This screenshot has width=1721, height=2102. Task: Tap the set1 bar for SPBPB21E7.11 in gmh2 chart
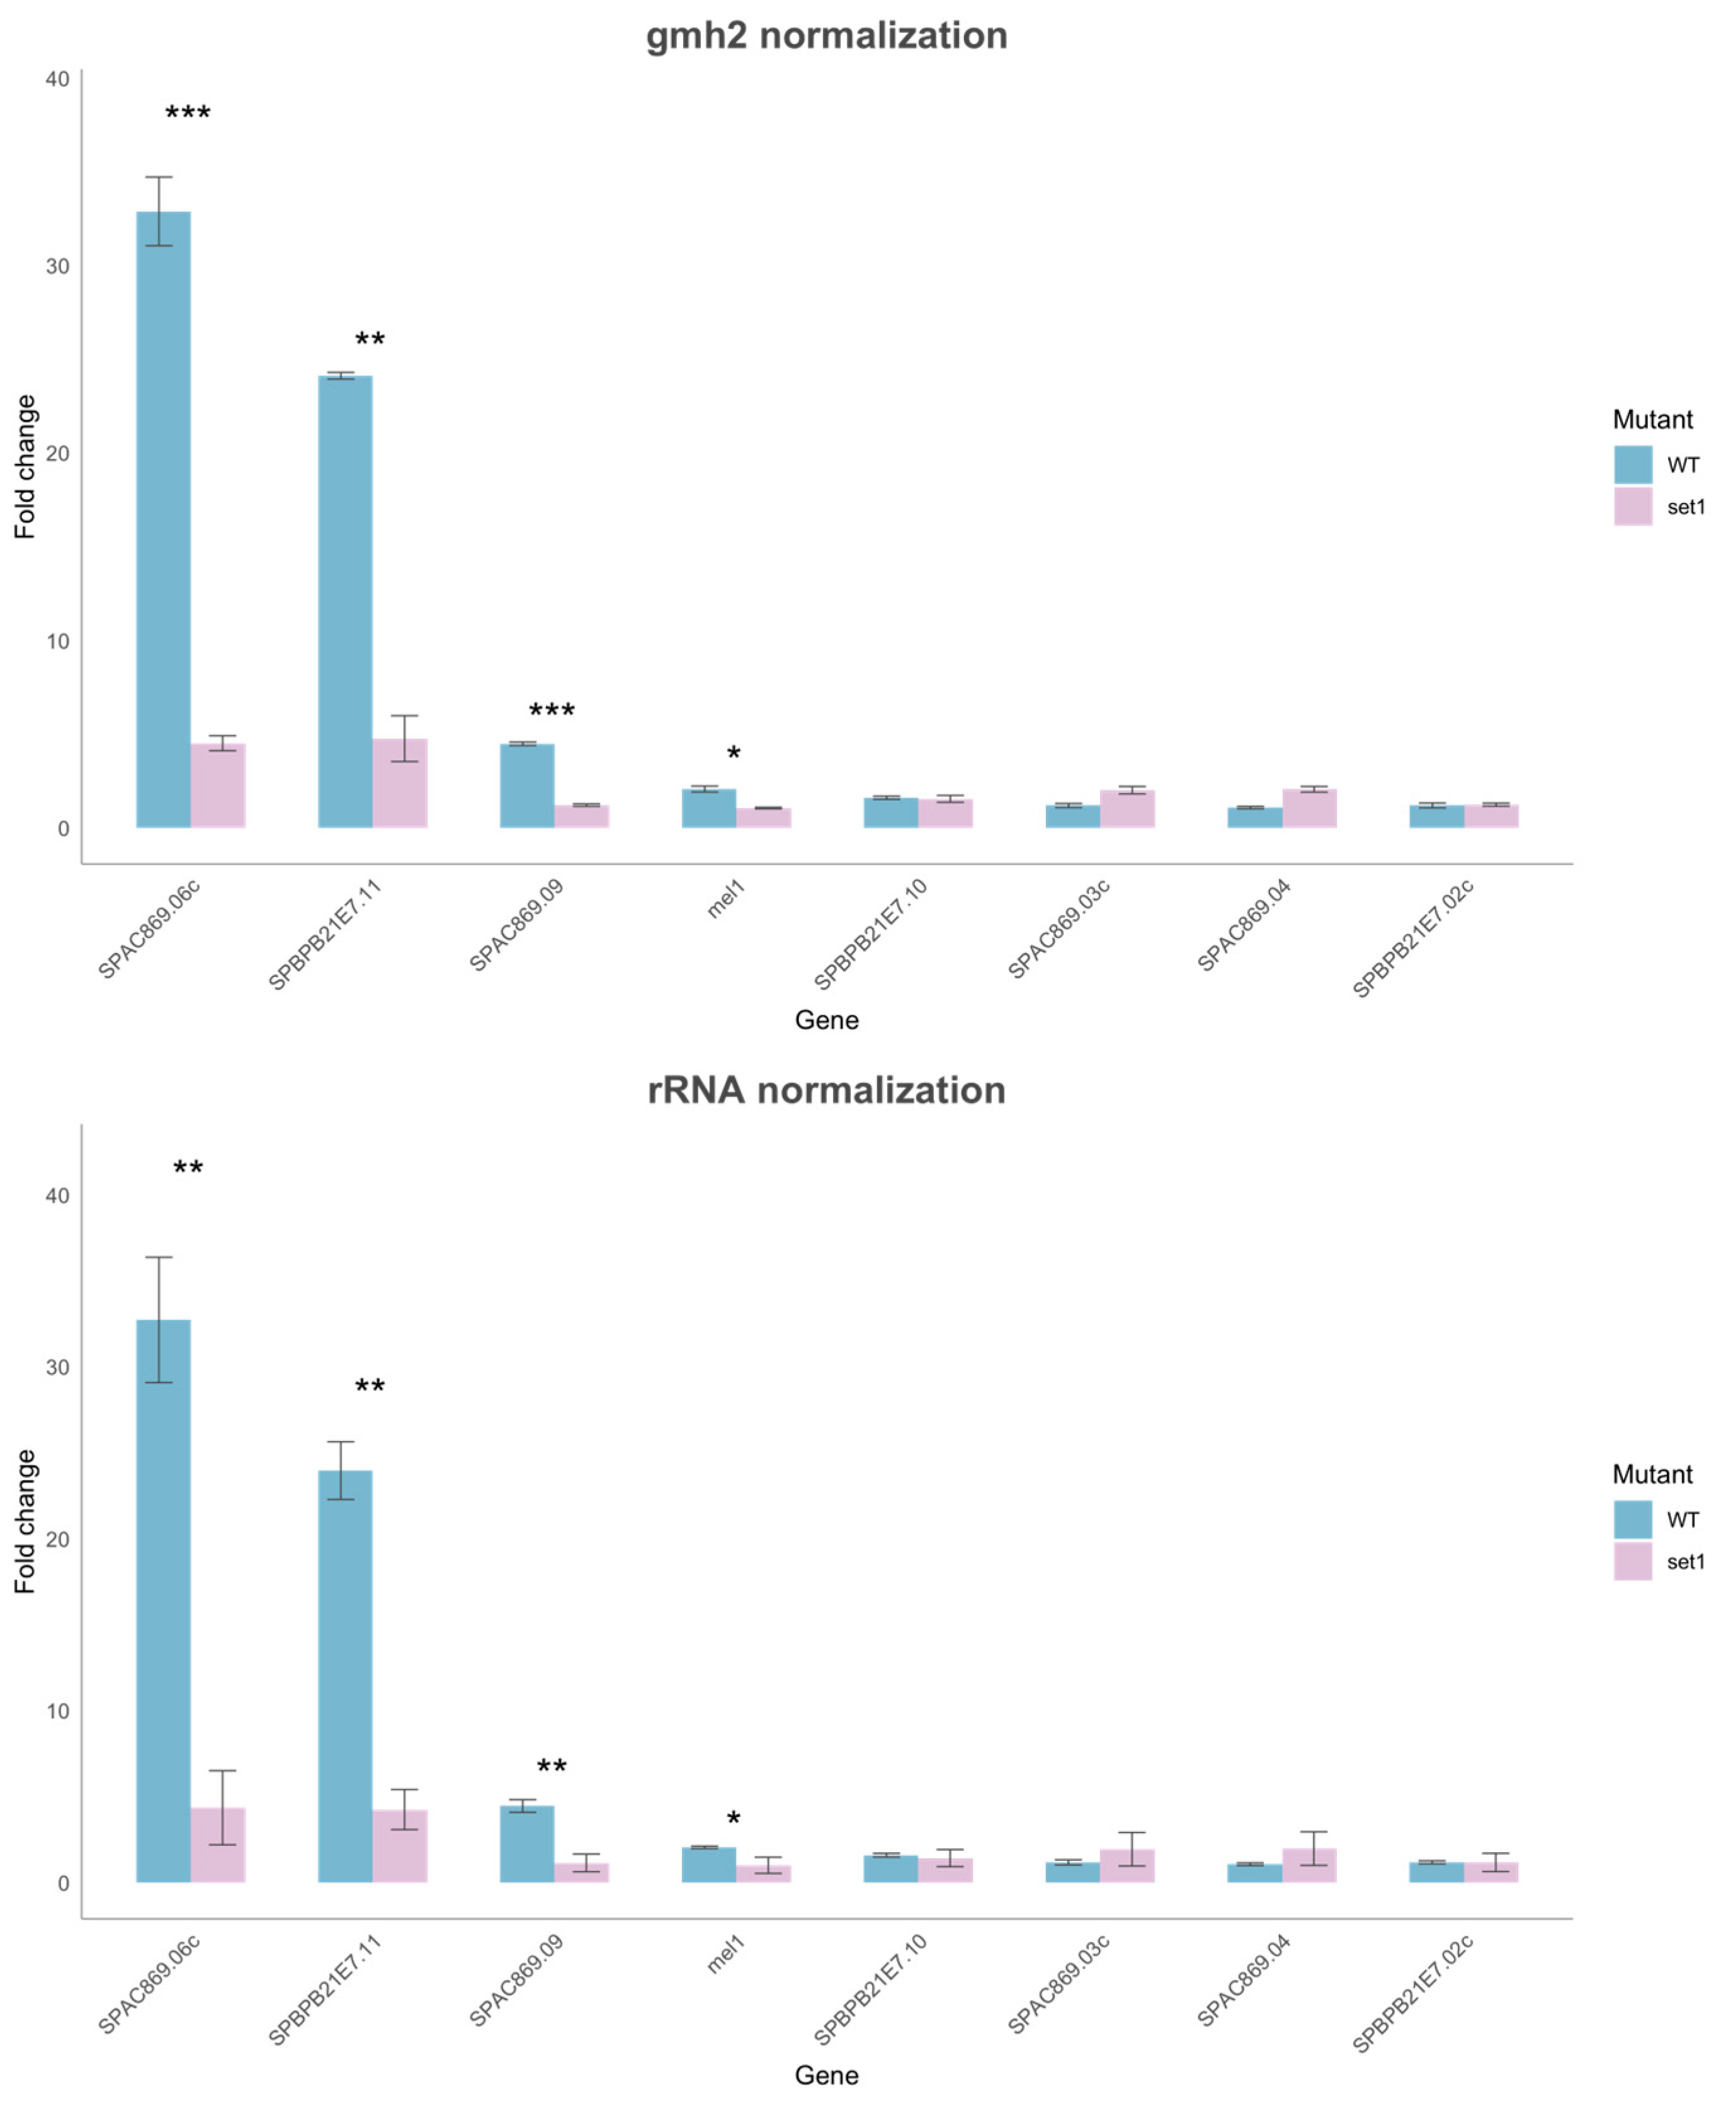point(399,783)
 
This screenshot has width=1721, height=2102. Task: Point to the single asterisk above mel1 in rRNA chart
point(734,1819)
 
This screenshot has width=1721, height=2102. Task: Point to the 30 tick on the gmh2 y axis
point(57,266)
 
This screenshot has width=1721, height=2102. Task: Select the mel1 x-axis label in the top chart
point(725,900)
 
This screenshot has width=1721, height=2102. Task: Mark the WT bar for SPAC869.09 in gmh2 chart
point(526,785)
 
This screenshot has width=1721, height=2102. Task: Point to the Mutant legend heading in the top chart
point(1652,419)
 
